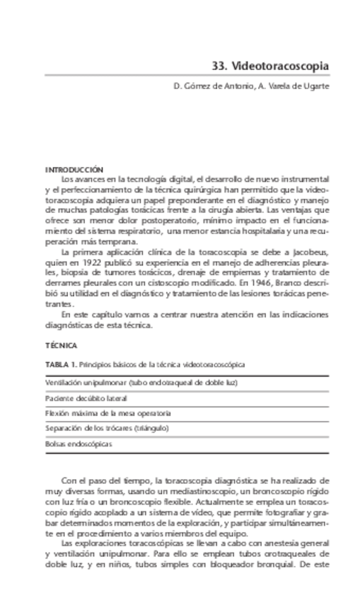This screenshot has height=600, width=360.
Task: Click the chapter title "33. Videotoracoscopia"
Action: pos(270,66)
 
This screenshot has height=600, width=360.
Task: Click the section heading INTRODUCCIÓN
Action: pos(74,171)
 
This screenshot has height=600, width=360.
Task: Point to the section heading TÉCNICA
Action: pos(61,345)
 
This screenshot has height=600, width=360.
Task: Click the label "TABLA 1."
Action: pos(61,364)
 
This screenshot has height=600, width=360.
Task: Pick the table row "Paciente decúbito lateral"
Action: pos(76,398)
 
